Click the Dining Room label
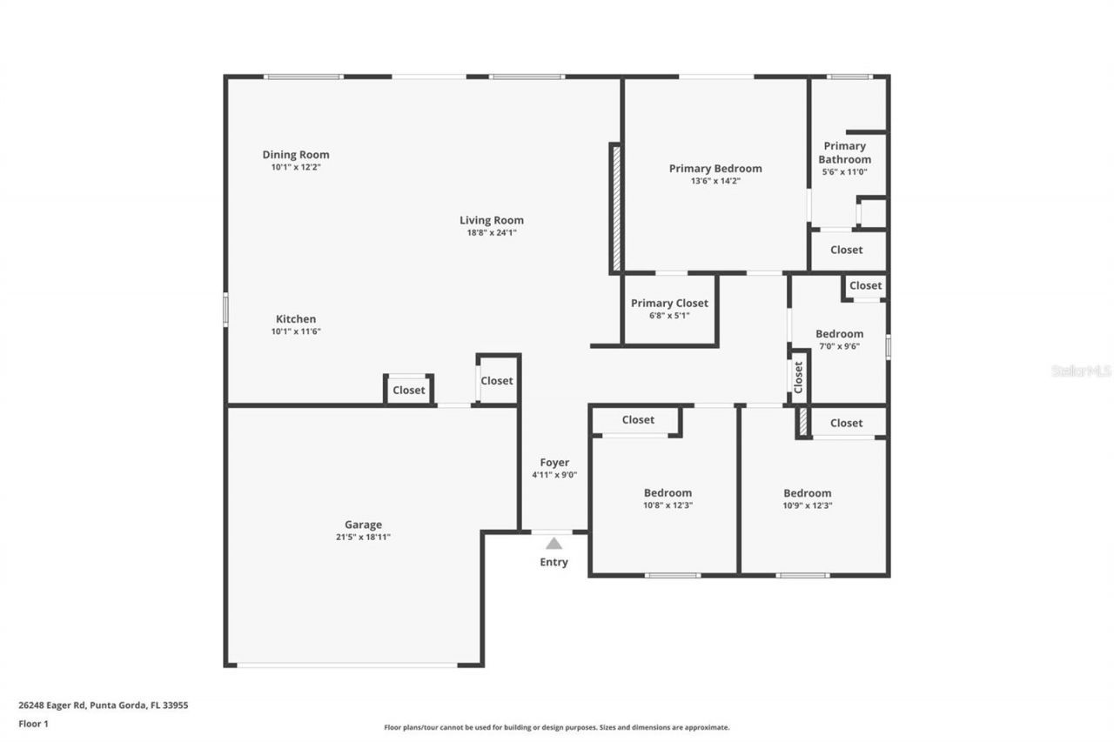(296, 155)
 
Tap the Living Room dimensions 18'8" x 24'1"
(492, 232)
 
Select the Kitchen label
(296, 319)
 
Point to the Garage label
(363, 525)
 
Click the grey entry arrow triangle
(554, 544)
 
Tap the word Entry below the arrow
(554, 562)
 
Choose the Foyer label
(554, 463)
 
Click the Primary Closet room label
(669, 303)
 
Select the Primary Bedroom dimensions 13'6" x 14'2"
(715, 181)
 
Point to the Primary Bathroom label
(844, 152)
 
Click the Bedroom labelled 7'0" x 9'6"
(839, 334)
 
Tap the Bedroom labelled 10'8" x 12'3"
(668, 493)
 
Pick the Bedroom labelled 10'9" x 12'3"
(807, 493)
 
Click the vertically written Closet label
(798, 377)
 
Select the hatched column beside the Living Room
(616, 209)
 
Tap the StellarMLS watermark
(1081, 371)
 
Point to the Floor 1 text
(34, 723)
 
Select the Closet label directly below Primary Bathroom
(846, 250)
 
